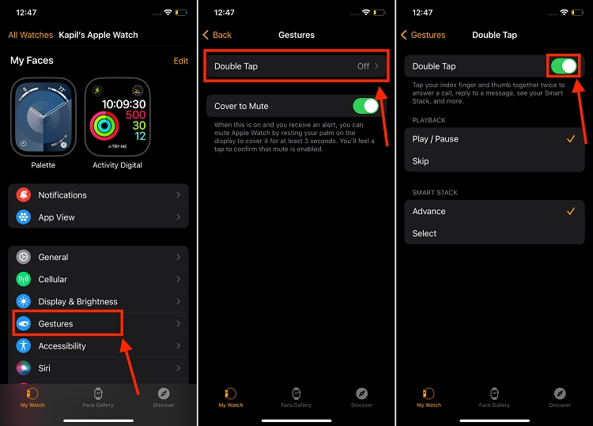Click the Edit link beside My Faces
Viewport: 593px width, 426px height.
[180, 61]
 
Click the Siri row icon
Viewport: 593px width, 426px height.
[24, 368]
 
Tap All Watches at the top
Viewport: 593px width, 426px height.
[31, 35]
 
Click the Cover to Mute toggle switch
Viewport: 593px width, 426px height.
[365, 106]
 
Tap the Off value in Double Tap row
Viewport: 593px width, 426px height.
[363, 66]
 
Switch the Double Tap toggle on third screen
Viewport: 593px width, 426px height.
[563, 66]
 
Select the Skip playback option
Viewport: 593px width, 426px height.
[421, 161]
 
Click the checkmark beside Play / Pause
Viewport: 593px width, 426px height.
[569, 139]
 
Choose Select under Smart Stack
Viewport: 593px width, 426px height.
[425, 233]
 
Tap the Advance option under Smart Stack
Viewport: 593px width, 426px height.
[429, 211]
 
